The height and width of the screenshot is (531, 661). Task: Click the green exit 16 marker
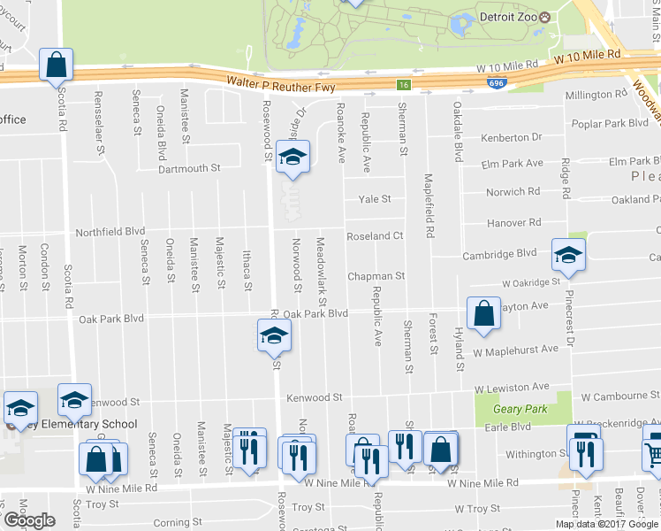tap(404, 85)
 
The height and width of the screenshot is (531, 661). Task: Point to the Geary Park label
tap(521, 409)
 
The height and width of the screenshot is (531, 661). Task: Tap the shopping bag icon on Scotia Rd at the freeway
tap(56, 65)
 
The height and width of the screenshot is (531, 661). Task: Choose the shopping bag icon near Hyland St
tap(483, 314)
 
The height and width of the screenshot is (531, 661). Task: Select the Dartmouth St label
tap(188, 168)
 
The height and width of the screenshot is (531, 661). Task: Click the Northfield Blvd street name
tap(112, 230)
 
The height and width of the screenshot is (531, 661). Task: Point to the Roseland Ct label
tap(375, 236)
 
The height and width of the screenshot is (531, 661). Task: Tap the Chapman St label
tap(376, 276)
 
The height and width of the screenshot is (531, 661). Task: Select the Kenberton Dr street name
tap(511, 137)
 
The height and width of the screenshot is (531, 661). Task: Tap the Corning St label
tap(184, 523)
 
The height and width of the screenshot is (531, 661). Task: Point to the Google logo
tap(28, 520)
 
